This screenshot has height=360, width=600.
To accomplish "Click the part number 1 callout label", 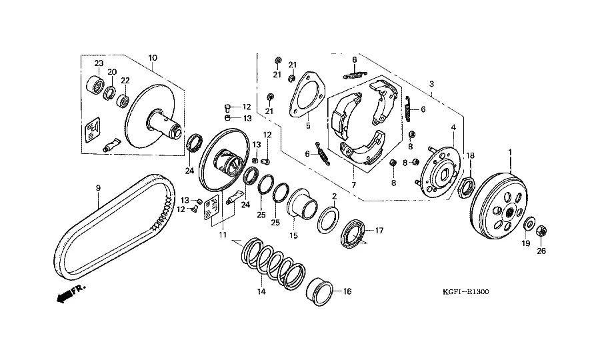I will pos(510,153).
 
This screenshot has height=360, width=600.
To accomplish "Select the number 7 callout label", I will pos(353,185).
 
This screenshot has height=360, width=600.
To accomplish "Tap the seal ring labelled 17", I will pos(353,235).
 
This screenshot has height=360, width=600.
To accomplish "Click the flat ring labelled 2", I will pos(327,218).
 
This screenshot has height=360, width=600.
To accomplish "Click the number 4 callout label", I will pos(453,127).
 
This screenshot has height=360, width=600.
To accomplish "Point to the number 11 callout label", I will pos(222,235).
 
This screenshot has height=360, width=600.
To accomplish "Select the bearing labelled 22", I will pos(123,101).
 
